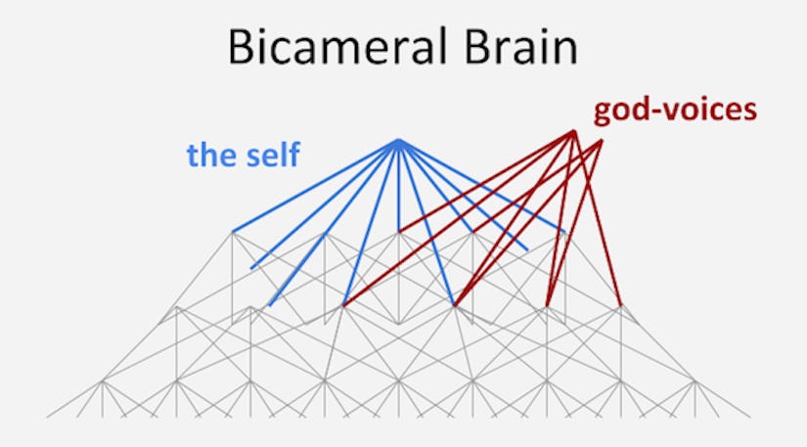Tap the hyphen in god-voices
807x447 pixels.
tap(659, 111)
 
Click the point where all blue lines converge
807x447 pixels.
tap(398, 142)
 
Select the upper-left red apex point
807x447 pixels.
tap(573, 132)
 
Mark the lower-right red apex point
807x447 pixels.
tap(601, 141)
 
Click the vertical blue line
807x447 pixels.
tap(398, 186)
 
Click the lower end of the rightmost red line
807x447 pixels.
tap(620, 304)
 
